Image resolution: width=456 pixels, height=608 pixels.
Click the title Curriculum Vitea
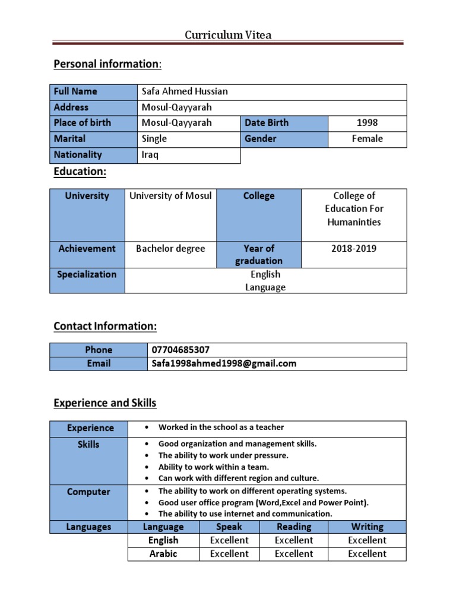[228, 35]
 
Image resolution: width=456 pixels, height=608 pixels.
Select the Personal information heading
[107, 64]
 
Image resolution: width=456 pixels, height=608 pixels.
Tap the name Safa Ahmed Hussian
[185, 91]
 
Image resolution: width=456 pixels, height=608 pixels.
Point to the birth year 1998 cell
[367, 123]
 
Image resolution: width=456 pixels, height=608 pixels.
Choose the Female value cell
[367, 139]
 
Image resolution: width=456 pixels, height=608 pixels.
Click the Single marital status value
[154, 139]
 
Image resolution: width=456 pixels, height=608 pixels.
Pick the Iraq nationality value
[150, 155]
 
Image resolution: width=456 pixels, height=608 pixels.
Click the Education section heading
[80, 171]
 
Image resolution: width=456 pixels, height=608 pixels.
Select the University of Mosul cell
[170, 196]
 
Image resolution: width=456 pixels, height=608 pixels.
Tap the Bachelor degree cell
[170, 249]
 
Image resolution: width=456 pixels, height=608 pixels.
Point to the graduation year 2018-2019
[354, 249]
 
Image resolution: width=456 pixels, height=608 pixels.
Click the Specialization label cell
[87, 275]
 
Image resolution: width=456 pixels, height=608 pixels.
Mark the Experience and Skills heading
[105, 403]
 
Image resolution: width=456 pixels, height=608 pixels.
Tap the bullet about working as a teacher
[221, 427]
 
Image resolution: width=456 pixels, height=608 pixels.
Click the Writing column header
[367, 527]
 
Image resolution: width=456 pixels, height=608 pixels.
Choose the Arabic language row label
[163, 554]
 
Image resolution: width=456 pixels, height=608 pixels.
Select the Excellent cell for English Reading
[294, 540]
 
